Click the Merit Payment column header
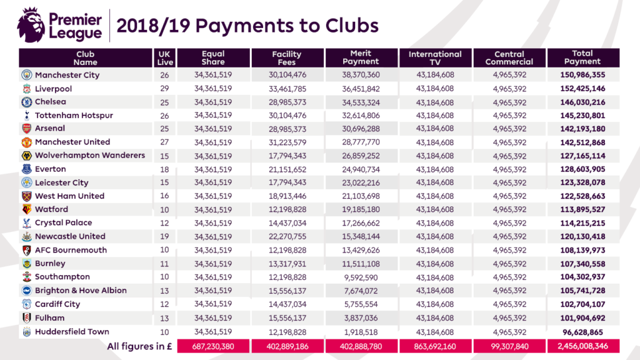(361, 57)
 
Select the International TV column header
(435, 57)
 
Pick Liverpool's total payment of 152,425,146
(583, 89)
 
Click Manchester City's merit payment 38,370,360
(361, 75)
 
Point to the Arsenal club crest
(26, 129)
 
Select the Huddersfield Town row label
(72, 332)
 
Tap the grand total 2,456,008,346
(583, 346)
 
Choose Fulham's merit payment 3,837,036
(361, 318)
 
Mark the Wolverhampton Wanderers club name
(90, 156)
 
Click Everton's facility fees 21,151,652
(287, 169)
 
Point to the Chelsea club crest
(26, 102)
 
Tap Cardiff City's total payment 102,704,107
(583, 304)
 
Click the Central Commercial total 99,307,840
(509, 346)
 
